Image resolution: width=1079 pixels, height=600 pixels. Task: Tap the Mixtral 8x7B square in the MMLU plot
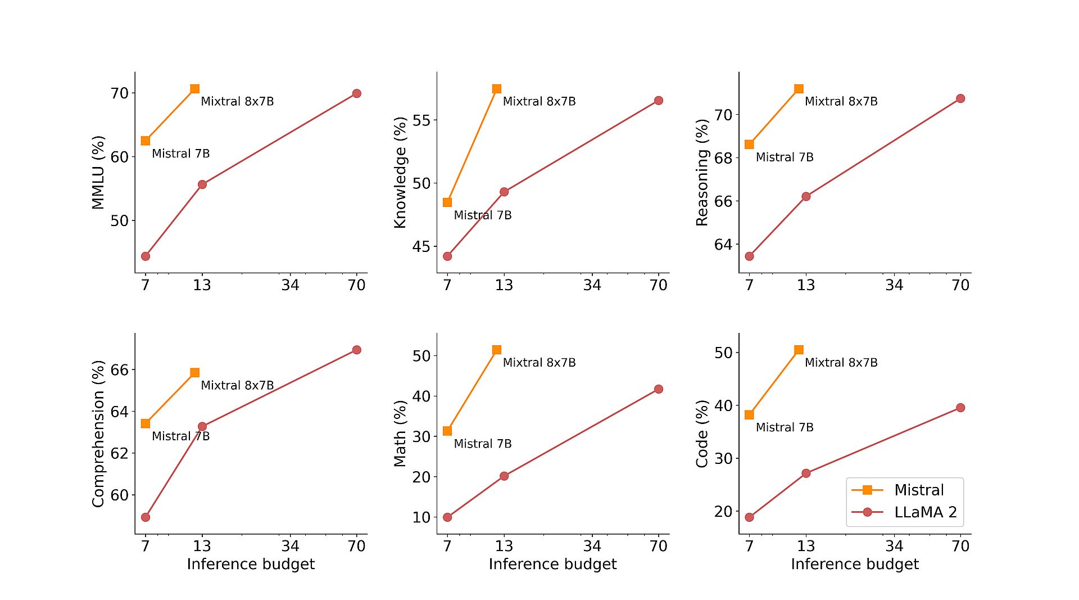194,89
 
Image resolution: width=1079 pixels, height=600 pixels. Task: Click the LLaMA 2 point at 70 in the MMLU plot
356,93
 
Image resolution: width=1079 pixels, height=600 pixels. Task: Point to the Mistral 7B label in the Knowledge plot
482,215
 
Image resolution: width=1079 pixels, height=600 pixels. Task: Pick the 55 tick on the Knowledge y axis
421,120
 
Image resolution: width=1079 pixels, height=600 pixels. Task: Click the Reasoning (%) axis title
702,173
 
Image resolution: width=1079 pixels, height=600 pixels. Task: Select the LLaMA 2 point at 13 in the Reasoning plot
806,196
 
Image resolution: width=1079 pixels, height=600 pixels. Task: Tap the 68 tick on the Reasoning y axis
723,158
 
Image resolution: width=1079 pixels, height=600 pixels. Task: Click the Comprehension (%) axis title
98,434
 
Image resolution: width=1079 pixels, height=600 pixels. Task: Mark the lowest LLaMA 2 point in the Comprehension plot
146,517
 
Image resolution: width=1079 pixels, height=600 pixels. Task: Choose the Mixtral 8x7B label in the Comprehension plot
237,385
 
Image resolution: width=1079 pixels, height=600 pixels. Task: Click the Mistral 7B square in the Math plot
447,431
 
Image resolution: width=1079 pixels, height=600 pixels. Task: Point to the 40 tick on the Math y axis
421,396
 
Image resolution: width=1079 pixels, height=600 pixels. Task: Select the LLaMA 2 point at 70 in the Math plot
658,389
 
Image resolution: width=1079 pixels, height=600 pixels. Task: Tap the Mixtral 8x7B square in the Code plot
799,350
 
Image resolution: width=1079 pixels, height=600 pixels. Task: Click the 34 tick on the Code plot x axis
894,545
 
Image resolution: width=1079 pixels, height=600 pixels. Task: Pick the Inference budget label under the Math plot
552,564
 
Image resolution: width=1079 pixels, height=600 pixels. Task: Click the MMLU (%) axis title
98,173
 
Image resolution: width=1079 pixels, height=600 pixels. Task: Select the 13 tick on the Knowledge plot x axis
504,285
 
